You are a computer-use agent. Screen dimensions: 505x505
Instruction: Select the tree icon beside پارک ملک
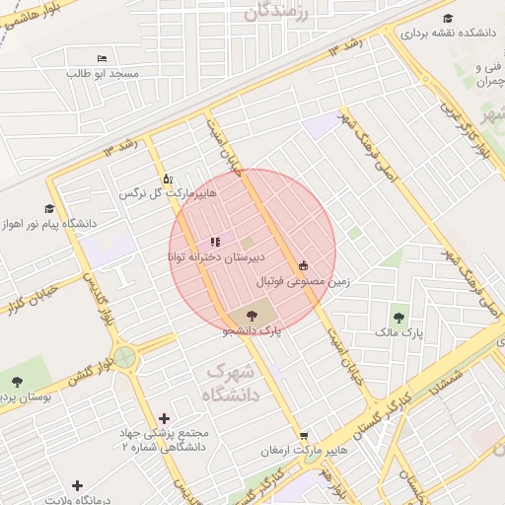point(398,318)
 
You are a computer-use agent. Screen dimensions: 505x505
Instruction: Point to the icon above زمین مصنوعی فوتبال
point(303,265)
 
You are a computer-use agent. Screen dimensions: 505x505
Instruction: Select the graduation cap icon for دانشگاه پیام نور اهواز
point(49,208)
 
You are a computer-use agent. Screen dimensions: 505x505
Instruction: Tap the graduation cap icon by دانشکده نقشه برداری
point(449,18)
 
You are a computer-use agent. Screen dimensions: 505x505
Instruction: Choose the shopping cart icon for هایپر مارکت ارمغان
point(305,435)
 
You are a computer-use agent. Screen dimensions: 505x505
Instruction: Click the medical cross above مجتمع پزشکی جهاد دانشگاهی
point(164,418)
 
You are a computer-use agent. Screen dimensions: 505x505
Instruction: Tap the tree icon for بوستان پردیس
point(17,381)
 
